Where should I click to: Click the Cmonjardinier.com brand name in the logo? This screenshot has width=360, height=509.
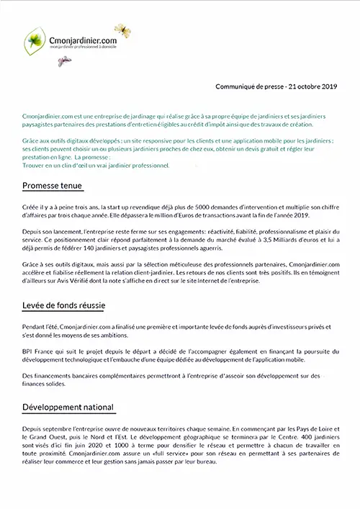[x=81, y=41]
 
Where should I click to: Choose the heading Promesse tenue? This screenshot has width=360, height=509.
[x=53, y=186]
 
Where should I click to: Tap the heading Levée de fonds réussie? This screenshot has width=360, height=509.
[x=64, y=307]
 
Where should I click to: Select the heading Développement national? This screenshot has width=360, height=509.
[x=68, y=407]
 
